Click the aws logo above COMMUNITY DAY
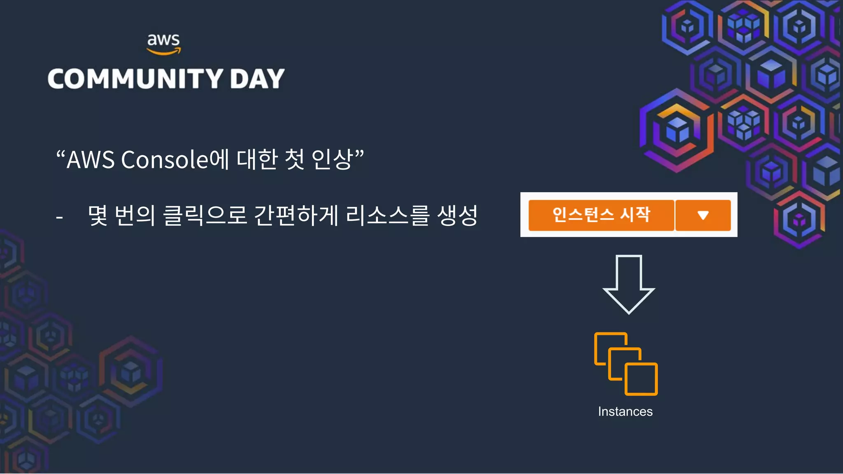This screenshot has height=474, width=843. click(164, 44)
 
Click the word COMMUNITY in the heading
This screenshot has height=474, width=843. click(135, 79)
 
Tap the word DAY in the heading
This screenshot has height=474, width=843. click(257, 79)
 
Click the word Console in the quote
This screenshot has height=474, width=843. click(165, 160)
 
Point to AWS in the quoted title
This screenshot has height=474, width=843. click(91, 160)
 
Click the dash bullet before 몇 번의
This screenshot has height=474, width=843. click(59, 217)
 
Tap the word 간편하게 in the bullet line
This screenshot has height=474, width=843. click(296, 216)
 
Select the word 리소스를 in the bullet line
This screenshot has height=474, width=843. click(388, 216)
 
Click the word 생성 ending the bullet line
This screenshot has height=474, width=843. click(457, 216)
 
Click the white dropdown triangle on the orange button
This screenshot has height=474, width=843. click(703, 215)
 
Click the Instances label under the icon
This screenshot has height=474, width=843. click(625, 411)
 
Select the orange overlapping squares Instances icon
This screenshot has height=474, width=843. click(626, 364)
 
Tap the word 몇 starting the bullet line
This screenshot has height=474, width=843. click(98, 216)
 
